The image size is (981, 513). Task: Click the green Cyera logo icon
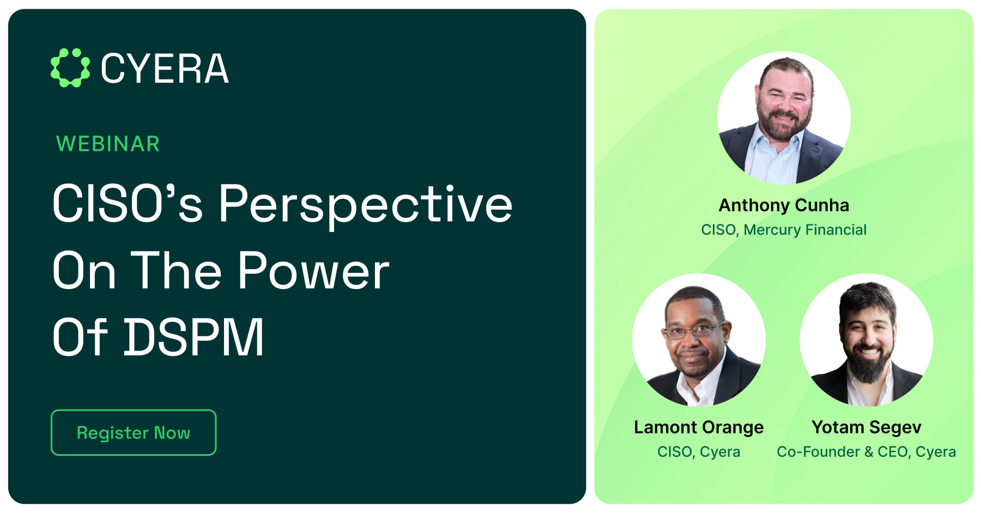click(x=70, y=68)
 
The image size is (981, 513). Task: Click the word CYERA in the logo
click(x=165, y=69)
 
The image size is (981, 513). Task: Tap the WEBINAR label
click(x=108, y=144)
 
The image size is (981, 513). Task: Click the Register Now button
click(x=134, y=432)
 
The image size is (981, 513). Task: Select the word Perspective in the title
click(x=366, y=204)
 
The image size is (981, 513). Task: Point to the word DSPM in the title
click(x=194, y=338)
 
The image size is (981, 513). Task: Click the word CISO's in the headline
click(x=128, y=204)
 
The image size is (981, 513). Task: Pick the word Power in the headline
click(x=313, y=271)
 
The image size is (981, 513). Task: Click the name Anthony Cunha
click(x=784, y=205)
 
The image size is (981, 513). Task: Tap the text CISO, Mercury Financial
click(x=784, y=230)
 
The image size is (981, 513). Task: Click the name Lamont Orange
click(x=699, y=427)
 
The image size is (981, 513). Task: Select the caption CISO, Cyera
click(x=699, y=452)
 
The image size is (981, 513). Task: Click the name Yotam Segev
click(x=866, y=427)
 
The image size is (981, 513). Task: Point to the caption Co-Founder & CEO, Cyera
click(x=866, y=452)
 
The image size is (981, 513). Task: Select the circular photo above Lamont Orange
click(x=699, y=340)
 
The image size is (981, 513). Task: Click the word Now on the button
click(x=172, y=432)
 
